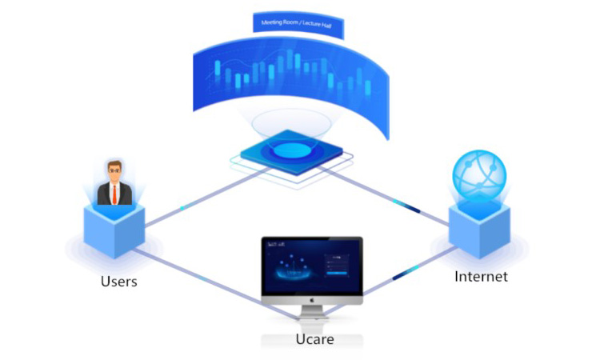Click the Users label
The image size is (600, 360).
point(118,281)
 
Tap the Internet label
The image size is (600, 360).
point(481,277)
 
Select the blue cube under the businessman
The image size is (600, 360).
point(114,228)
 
